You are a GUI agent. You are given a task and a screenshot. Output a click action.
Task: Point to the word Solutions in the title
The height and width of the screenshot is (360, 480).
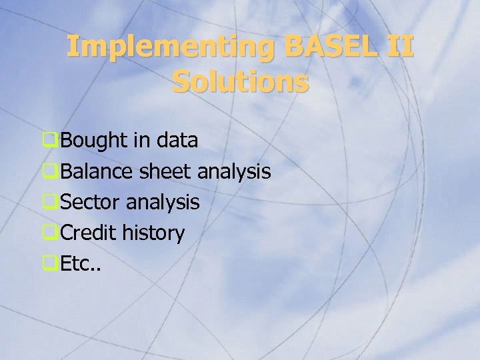pyautogui.click(x=240, y=83)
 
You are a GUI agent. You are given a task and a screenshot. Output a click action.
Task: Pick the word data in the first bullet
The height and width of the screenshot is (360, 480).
pyautogui.click(x=177, y=141)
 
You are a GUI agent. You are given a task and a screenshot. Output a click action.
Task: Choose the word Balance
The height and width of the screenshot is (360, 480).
pyautogui.click(x=97, y=172)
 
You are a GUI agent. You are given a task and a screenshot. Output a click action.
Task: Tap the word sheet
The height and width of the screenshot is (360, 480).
pyautogui.click(x=166, y=172)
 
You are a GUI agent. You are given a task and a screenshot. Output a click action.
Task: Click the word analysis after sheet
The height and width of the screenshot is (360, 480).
pyautogui.click(x=234, y=172)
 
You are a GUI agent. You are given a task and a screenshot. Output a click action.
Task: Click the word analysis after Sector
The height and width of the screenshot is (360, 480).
pyautogui.click(x=163, y=203)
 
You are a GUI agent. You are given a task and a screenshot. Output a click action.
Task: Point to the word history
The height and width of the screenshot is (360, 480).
pyautogui.click(x=153, y=233)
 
